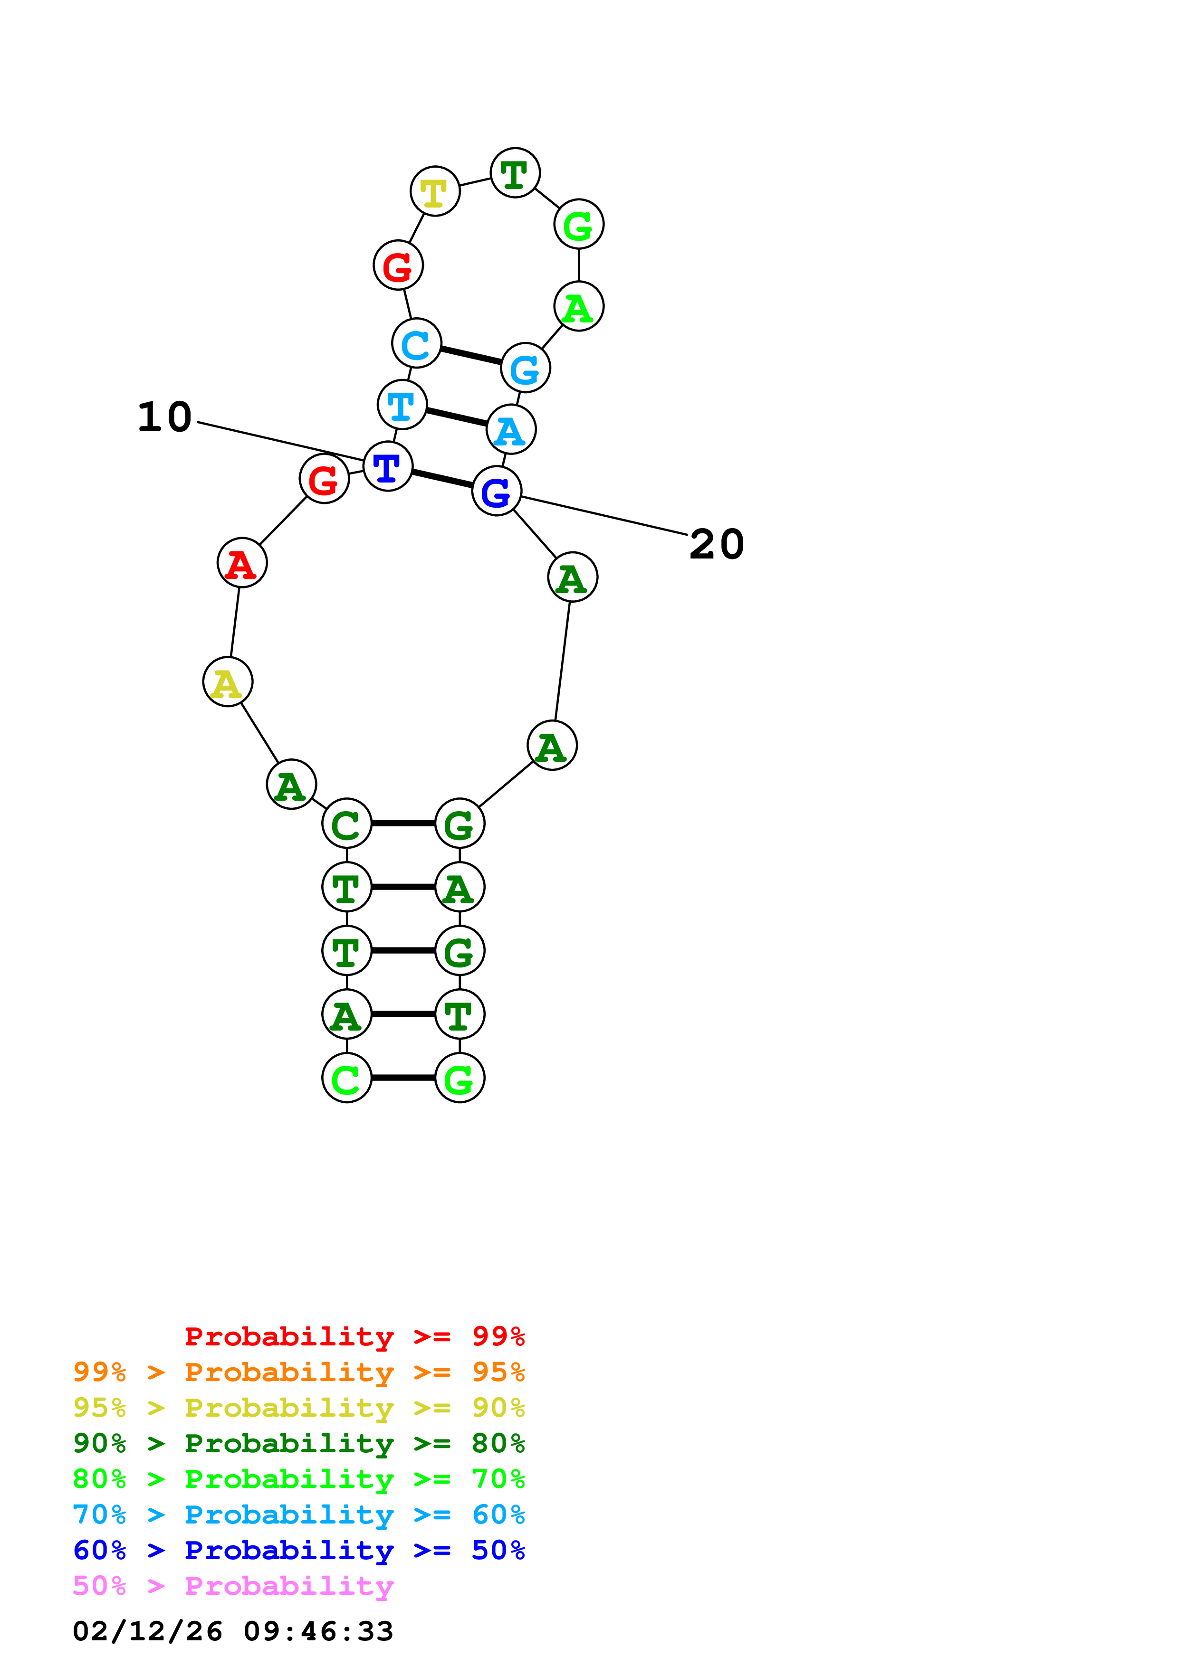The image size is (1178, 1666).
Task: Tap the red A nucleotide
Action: point(242,563)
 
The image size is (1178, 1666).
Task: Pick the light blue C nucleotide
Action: point(416,344)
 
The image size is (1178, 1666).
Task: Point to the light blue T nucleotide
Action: point(402,405)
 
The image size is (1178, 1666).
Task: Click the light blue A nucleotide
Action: point(511,430)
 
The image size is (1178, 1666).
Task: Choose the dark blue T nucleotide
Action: point(388,466)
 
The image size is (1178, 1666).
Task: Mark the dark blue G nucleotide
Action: point(497,492)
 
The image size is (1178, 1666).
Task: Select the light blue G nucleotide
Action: point(525,369)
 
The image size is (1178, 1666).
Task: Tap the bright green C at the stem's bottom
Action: point(347,1078)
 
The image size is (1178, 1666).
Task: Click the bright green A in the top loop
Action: point(578,307)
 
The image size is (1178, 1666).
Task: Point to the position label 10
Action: point(165,417)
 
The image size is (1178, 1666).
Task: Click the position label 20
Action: point(717,544)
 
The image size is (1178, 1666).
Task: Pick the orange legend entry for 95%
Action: point(298,1372)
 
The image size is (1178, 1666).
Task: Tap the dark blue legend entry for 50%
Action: point(298,1550)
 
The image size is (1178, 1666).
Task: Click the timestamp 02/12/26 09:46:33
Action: point(233,1631)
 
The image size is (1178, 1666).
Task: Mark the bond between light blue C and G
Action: point(470,356)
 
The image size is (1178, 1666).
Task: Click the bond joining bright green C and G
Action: point(403,1078)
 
